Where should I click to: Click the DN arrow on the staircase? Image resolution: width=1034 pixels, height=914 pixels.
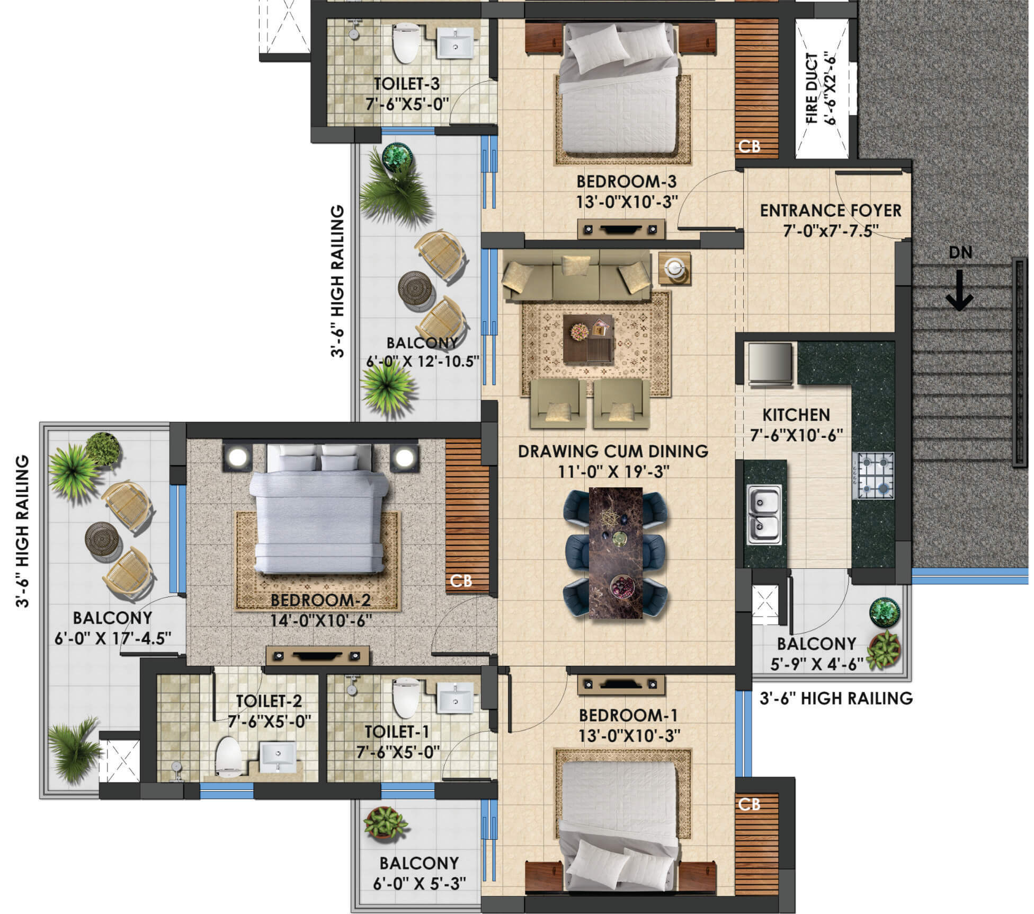click(959, 290)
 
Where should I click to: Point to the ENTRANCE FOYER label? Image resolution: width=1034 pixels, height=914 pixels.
click(830, 210)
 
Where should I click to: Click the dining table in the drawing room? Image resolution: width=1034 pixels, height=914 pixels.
click(616, 552)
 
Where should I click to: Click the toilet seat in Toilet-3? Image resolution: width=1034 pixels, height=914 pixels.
click(405, 43)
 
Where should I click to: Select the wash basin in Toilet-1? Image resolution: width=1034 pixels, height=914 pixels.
click(454, 699)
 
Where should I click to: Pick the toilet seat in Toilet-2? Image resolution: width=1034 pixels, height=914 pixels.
click(229, 755)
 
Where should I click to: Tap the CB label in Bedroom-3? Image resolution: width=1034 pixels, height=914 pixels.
click(749, 146)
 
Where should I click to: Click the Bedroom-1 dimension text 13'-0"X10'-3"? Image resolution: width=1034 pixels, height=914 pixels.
click(629, 735)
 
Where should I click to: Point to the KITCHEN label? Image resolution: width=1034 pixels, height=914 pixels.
click(796, 415)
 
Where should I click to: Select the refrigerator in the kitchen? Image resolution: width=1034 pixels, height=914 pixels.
click(771, 364)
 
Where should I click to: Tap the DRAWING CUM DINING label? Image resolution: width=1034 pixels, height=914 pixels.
click(613, 451)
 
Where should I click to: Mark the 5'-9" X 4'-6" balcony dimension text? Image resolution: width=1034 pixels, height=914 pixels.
click(817, 664)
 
